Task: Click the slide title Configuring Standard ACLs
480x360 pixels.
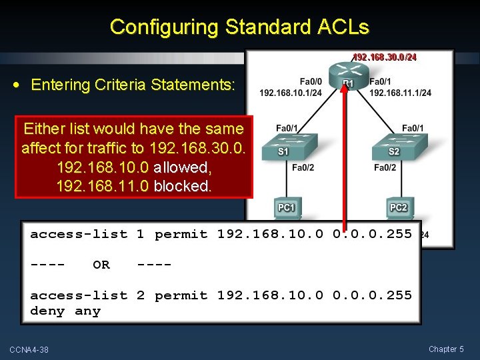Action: (x=239, y=27)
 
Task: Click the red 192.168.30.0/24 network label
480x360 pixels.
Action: (x=385, y=57)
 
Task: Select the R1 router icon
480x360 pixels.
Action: (x=346, y=72)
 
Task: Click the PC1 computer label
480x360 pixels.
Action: (x=287, y=208)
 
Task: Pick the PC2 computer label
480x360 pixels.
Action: (x=398, y=208)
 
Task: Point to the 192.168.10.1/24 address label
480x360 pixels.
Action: (x=291, y=93)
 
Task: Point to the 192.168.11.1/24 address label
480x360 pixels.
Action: (x=400, y=93)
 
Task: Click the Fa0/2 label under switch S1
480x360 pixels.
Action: (x=303, y=167)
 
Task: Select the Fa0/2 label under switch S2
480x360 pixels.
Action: (x=385, y=167)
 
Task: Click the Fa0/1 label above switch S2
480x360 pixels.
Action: (x=413, y=128)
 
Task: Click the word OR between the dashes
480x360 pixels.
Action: (x=101, y=265)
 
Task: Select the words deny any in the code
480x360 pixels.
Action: (x=65, y=311)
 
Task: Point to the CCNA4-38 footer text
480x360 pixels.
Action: (x=29, y=350)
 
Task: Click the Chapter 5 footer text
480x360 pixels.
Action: (x=446, y=349)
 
